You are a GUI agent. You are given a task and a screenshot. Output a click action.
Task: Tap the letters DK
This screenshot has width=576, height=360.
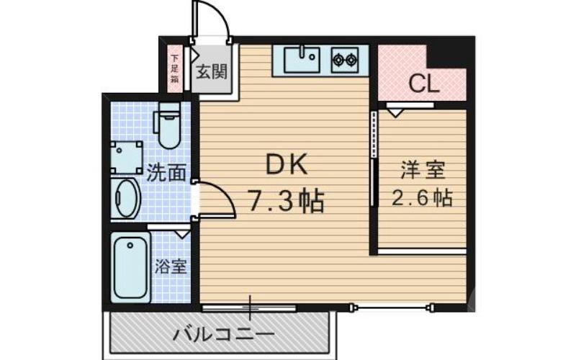click(x=287, y=166)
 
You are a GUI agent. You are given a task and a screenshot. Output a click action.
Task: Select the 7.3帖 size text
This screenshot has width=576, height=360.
click(x=287, y=199)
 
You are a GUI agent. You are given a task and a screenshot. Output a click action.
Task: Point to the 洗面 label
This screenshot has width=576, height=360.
click(x=167, y=173)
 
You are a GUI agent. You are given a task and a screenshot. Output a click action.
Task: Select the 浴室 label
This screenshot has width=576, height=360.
click(x=171, y=266)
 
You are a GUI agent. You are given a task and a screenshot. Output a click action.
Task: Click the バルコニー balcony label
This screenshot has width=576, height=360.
click(x=224, y=335)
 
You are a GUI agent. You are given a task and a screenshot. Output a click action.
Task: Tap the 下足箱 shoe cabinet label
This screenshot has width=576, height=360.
click(x=175, y=69)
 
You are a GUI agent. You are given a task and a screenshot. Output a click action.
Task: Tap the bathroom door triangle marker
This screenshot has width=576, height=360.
click(x=179, y=232)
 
